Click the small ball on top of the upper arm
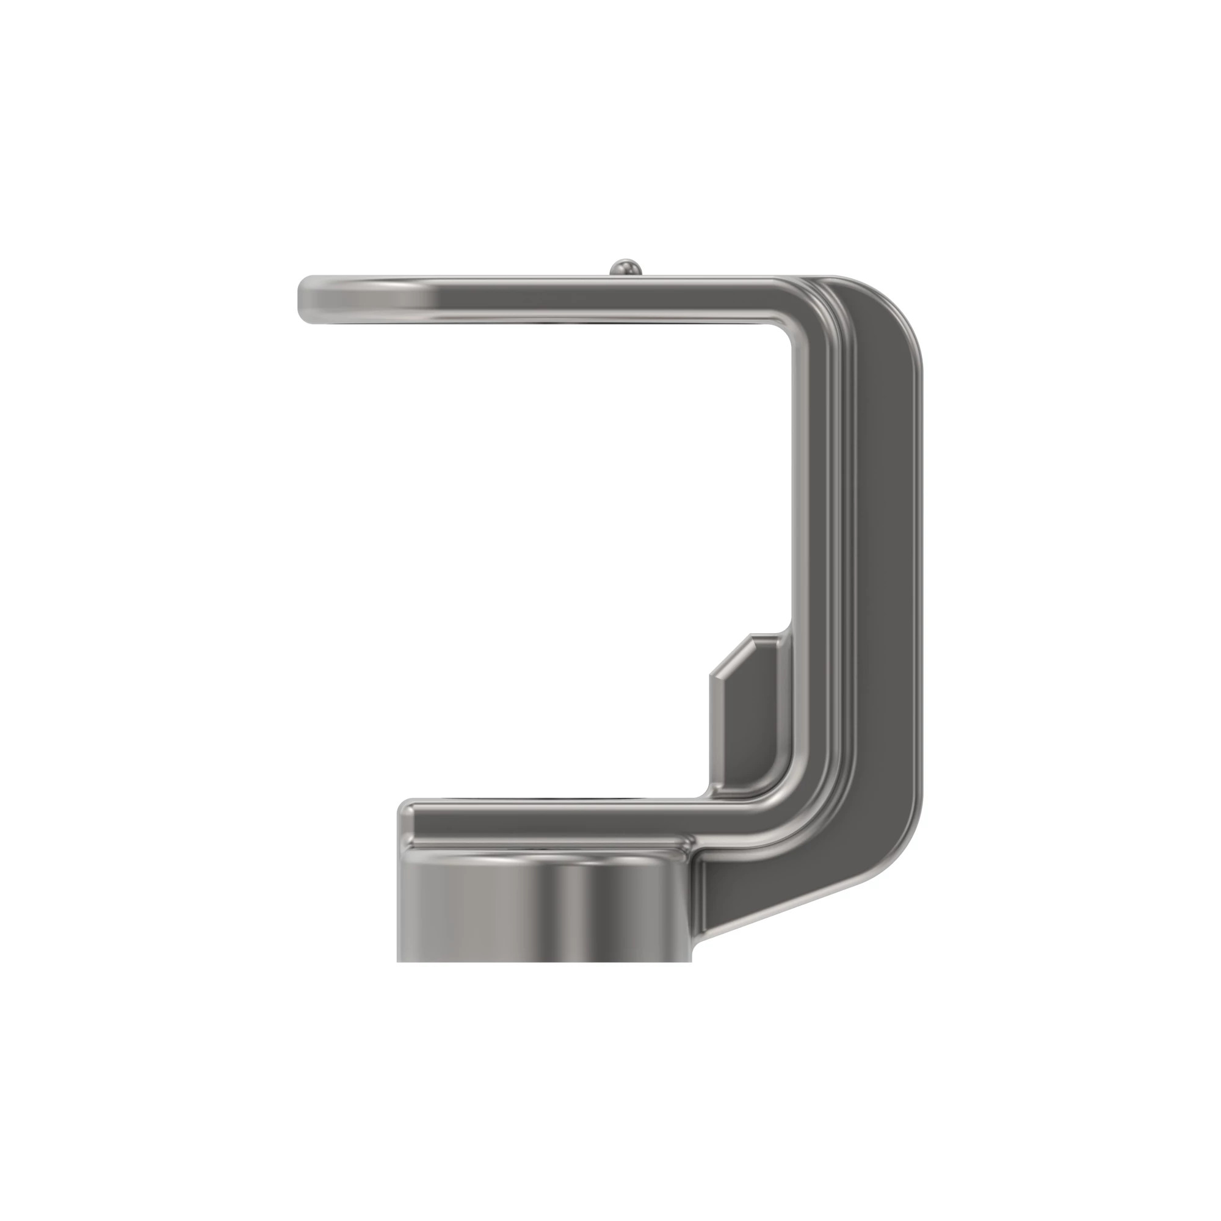coord(626,267)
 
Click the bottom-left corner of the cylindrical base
coord(398,960)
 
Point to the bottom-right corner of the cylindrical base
coord(693,960)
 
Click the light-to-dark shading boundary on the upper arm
coord(433,300)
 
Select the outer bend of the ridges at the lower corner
coord(822,822)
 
